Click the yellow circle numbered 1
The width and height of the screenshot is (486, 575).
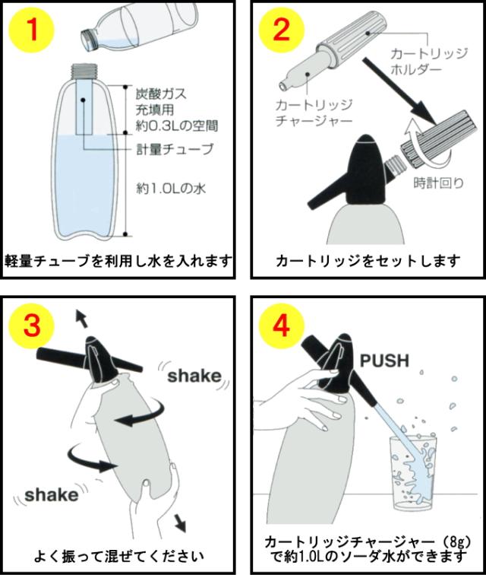click(31, 30)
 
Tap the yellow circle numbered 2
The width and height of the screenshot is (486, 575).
click(281, 30)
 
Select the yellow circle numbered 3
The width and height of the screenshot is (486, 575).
click(31, 326)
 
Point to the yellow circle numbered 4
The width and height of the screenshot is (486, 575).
click(281, 326)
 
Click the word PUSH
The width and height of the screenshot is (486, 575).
click(384, 361)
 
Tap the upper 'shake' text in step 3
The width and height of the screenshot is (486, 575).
click(194, 376)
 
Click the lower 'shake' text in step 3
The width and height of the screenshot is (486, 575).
click(52, 495)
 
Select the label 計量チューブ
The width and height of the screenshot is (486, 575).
click(175, 149)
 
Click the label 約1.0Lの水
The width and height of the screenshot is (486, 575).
click(171, 189)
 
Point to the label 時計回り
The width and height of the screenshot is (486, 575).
click(439, 183)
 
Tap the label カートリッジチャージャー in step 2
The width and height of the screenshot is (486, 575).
click(314, 113)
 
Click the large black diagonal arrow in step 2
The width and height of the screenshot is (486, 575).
click(399, 91)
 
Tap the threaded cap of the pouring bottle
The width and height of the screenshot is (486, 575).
click(90, 39)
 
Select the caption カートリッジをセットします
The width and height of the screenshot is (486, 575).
click(368, 261)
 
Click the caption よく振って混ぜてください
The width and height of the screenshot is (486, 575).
click(119, 555)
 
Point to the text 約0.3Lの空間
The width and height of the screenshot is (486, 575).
click(177, 125)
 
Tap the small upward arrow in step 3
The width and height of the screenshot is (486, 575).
click(82, 318)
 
